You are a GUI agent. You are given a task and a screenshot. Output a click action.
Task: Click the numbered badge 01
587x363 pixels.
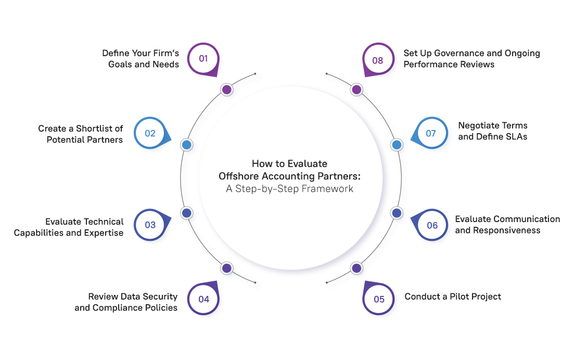pyautogui.click(x=203, y=59)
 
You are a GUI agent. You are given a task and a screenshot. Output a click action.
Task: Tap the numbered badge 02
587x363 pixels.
pyautogui.click(x=150, y=133)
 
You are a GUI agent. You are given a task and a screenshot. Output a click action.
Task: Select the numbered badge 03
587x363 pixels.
pyautogui.click(x=150, y=225)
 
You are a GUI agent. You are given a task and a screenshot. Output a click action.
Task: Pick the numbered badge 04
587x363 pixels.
pyautogui.click(x=203, y=299)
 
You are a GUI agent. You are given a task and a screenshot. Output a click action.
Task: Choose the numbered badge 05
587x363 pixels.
pyautogui.click(x=379, y=299)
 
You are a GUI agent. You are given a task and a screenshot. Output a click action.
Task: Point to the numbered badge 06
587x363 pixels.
pyautogui.click(x=432, y=225)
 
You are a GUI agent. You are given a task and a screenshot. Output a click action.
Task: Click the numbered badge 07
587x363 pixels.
pyautogui.click(x=431, y=133)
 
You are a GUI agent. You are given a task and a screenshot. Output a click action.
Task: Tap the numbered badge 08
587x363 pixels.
pyautogui.click(x=378, y=60)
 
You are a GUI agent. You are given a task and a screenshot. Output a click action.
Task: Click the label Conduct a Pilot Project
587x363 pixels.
pyautogui.click(x=453, y=296)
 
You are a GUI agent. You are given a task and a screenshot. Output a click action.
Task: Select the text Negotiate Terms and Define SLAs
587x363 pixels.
pyautogui.click(x=492, y=131)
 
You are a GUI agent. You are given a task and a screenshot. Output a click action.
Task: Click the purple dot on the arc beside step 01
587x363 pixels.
pyautogui.click(x=226, y=90)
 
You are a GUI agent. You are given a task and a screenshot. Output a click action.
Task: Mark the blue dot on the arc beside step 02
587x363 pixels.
pyautogui.click(x=186, y=145)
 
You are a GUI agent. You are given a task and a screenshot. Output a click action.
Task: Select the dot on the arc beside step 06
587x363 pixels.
pyautogui.click(x=397, y=213)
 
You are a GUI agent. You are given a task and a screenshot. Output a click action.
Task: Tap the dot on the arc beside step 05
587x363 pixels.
pyautogui.click(x=356, y=268)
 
